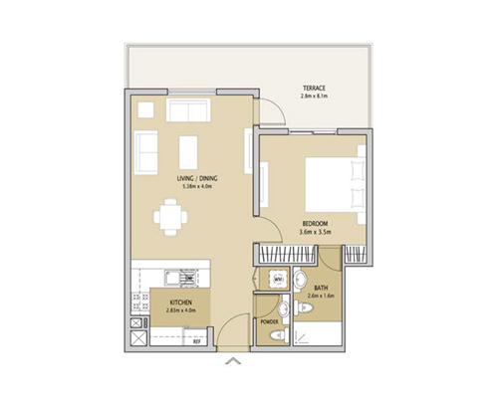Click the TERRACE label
[315, 89]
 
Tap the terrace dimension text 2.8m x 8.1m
[315, 98]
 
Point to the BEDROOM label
[315, 224]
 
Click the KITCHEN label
[180, 302]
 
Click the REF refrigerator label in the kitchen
[196, 341]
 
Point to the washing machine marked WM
[280, 280]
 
